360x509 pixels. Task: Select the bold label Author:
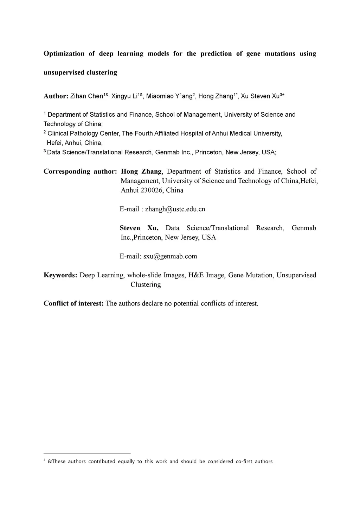56,96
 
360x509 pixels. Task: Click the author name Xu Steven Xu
260,96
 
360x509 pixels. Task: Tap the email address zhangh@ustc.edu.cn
175,209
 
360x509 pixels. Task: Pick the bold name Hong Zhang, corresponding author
141,172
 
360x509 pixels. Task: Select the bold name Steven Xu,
139,228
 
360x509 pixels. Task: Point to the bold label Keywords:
60,275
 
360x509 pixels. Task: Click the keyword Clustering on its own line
146,285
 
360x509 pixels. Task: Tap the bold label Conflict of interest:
73,303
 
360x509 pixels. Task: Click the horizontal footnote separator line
87,453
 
